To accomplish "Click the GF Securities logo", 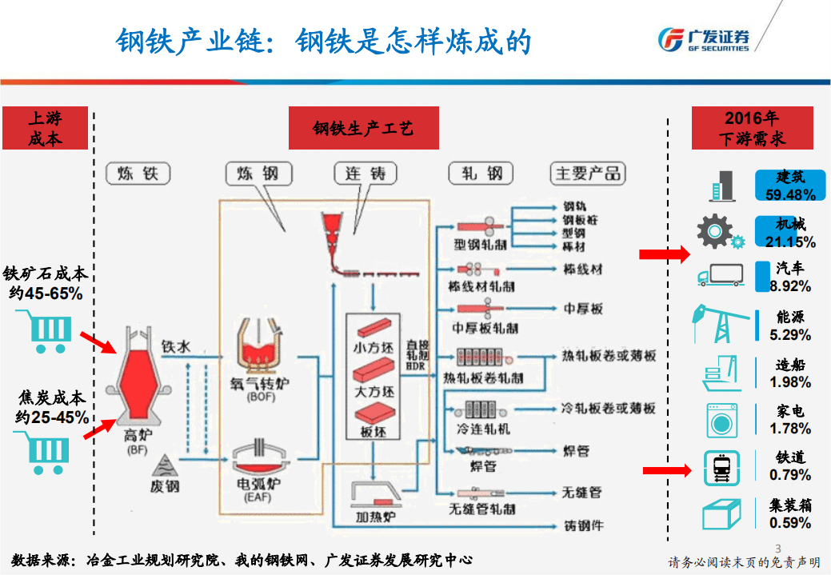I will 703,38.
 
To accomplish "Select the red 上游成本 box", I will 45,128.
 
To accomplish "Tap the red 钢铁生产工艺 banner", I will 364,128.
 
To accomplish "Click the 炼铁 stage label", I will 138,173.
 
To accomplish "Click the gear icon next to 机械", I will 717,232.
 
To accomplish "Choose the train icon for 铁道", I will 721,466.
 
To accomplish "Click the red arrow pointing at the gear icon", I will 664,254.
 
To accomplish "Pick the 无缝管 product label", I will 581,492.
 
